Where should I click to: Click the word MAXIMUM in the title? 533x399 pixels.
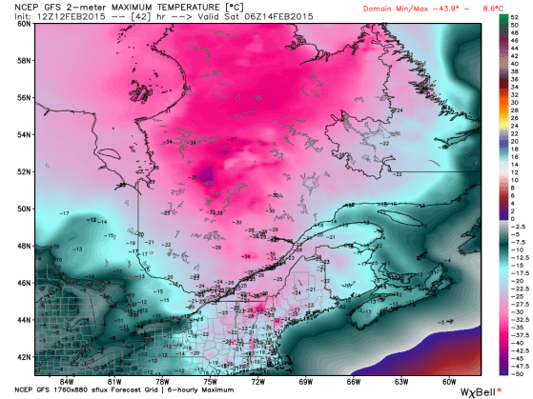[115, 8]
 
